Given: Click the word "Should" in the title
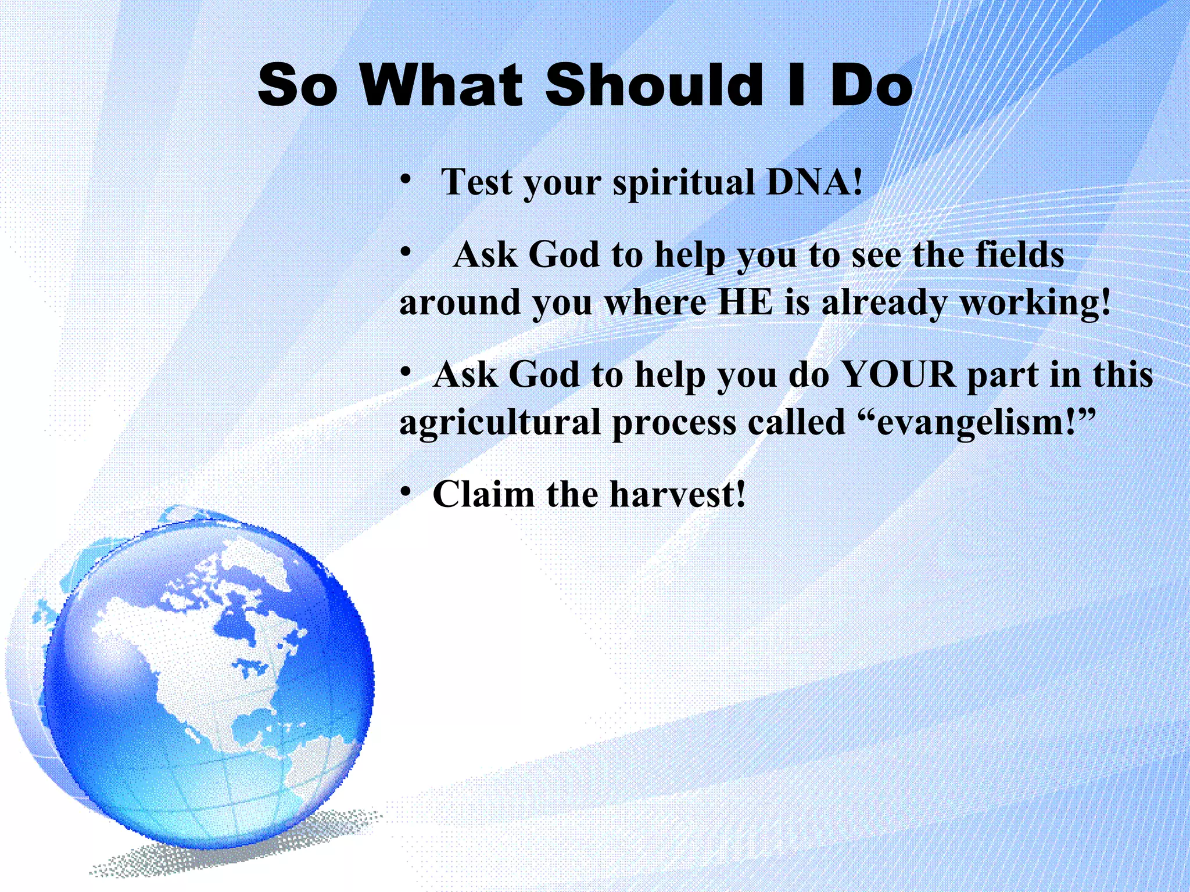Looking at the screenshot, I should coord(654,85).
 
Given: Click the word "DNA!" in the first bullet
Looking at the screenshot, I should coord(815,182).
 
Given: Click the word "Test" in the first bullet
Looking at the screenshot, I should coord(476,182).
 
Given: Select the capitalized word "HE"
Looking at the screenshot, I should coord(745,303).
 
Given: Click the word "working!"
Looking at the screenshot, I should coord(1035,304).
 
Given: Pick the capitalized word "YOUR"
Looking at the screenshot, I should coord(898,375).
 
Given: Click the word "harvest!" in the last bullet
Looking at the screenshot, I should coord(678,495).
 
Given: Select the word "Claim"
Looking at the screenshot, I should coord(483,495).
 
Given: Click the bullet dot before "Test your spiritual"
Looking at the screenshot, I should coord(406,179).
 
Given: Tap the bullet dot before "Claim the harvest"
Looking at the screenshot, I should coord(406,492).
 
